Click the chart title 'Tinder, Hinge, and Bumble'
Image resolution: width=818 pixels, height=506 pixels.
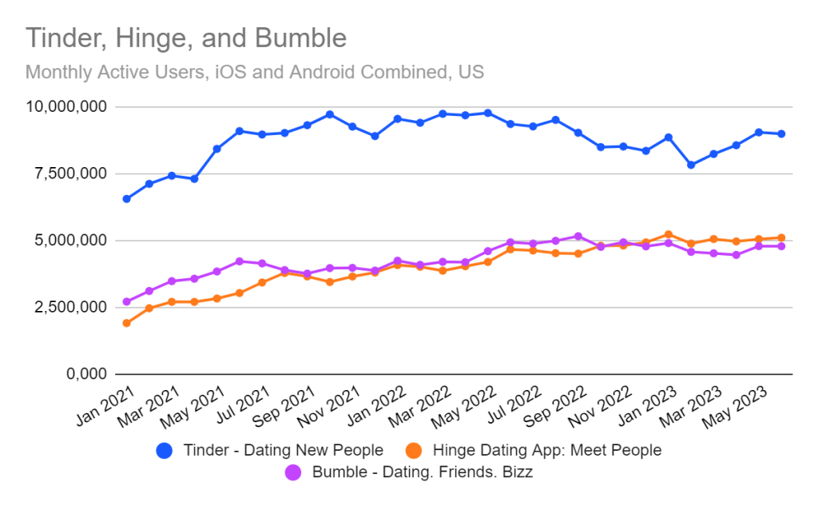(186, 38)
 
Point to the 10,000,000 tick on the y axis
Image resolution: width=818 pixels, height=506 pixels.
(66, 106)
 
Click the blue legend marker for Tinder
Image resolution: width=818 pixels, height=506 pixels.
(165, 451)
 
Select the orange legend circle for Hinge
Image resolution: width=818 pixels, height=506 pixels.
(415, 451)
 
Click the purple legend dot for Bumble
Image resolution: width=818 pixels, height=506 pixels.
(293, 472)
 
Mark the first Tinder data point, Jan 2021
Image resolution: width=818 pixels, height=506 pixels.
(126, 198)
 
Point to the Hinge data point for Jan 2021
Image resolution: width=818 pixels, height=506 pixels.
(126, 323)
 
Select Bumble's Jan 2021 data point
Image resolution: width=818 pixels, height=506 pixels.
(126, 301)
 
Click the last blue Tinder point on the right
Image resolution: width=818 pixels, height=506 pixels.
(781, 133)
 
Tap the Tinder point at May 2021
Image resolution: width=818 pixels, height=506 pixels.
(216, 149)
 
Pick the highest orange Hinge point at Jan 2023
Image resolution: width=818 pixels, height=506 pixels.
(669, 234)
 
